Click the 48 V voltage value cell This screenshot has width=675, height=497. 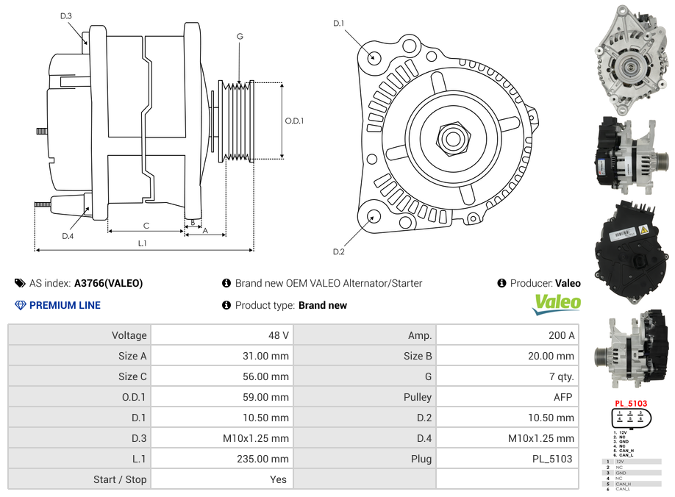click(278, 335)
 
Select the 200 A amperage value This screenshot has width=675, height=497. click(562, 335)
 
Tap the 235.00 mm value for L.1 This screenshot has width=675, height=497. click(268, 459)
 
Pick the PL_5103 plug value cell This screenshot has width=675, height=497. click(552, 459)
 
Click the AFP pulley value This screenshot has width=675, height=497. click(564, 397)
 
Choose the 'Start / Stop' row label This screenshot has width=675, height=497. click(120, 479)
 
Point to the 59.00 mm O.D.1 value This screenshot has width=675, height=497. click(270, 397)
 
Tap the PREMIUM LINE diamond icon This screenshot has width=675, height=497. click(20, 305)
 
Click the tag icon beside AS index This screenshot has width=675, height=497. click(20, 283)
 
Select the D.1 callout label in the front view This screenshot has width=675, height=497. click(338, 24)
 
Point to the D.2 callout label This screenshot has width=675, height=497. click(338, 251)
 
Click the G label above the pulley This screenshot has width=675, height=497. click(240, 36)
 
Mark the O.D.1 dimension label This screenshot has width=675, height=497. click(294, 121)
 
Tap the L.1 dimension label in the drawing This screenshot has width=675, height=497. click(142, 243)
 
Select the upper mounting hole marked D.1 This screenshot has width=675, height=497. click(374, 57)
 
